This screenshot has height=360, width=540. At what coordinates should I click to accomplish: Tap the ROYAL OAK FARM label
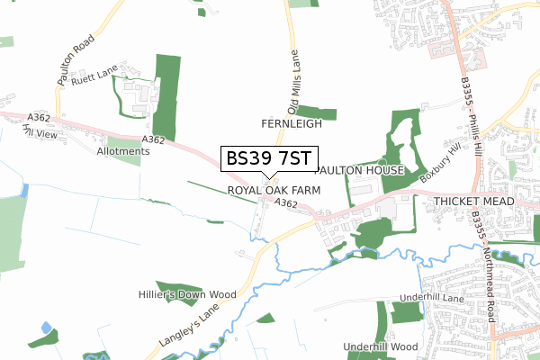[x=274, y=191]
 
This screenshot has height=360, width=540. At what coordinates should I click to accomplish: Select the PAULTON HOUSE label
[x=360, y=170]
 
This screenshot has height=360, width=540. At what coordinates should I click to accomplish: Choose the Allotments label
[x=123, y=151]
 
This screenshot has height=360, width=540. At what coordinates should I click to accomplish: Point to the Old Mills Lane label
[x=292, y=75]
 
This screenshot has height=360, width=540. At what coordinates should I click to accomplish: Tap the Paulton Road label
[x=76, y=62]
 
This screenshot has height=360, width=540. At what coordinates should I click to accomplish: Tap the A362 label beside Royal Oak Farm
[x=286, y=205]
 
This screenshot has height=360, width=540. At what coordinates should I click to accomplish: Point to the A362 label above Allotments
[x=153, y=139]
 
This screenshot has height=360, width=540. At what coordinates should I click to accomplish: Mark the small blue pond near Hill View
[x=24, y=191]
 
